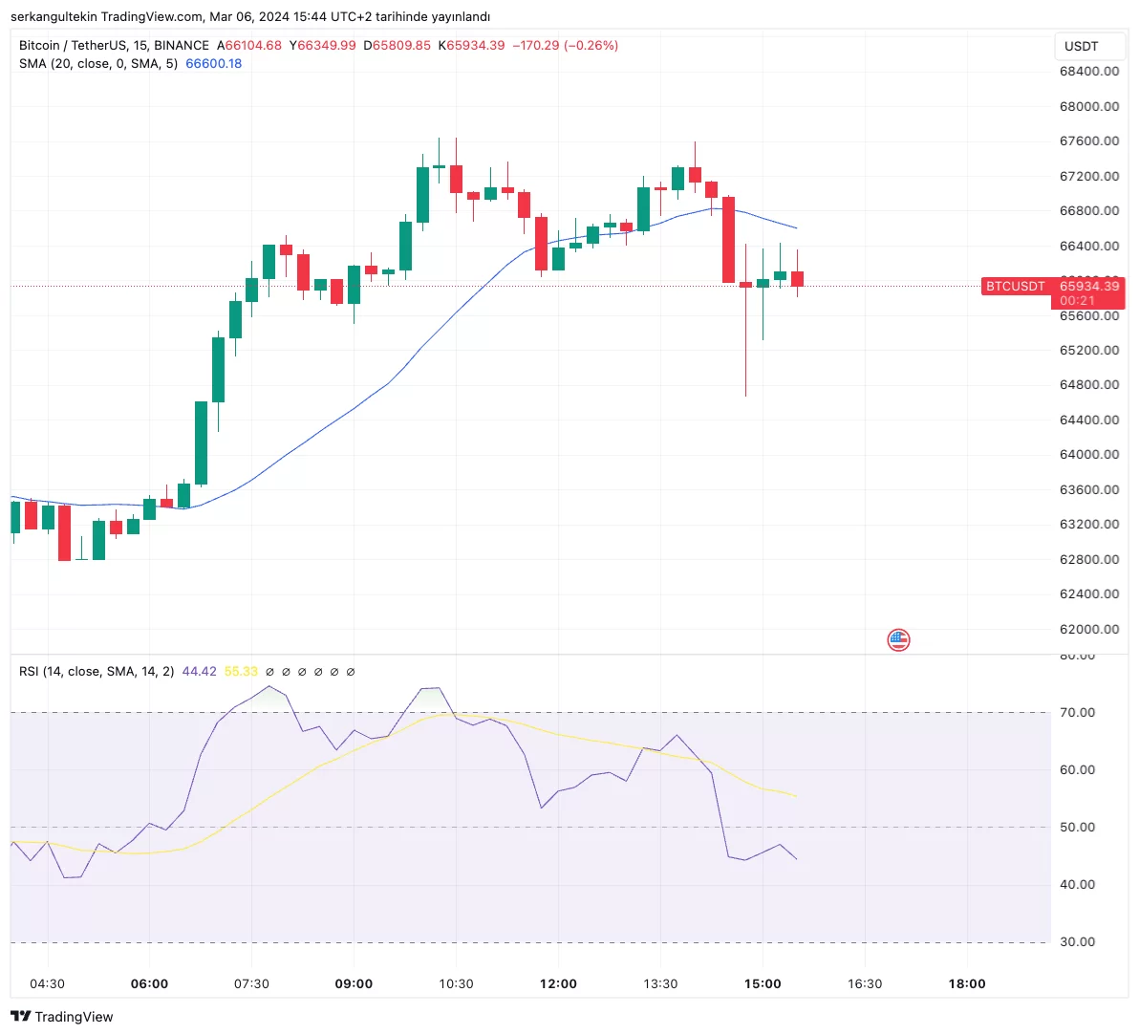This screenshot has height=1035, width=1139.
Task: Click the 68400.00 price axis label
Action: click(1088, 71)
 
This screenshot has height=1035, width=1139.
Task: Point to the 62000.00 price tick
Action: click(1088, 629)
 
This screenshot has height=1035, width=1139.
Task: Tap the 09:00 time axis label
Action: click(354, 983)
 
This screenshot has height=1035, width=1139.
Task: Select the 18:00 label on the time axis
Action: click(966, 983)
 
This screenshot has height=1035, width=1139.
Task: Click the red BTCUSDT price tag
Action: click(1015, 286)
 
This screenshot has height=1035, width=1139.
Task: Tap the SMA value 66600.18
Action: click(213, 64)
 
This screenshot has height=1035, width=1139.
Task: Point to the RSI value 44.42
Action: click(199, 672)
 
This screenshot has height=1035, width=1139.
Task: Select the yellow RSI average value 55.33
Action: click(241, 672)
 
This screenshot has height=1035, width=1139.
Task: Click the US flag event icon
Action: click(898, 640)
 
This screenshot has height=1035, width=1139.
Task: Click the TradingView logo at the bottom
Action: click(62, 1017)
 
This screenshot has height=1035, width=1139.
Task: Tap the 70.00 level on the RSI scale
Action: click(1077, 713)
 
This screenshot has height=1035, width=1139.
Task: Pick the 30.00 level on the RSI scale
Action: click(1077, 942)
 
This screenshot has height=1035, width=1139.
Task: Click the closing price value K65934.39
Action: click(471, 46)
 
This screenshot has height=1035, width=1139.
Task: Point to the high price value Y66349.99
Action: click(322, 46)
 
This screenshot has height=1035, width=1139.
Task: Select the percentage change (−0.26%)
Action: click(592, 46)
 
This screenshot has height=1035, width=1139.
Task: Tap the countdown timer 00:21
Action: click(1077, 300)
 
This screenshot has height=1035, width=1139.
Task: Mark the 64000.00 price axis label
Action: click(1088, 455)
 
